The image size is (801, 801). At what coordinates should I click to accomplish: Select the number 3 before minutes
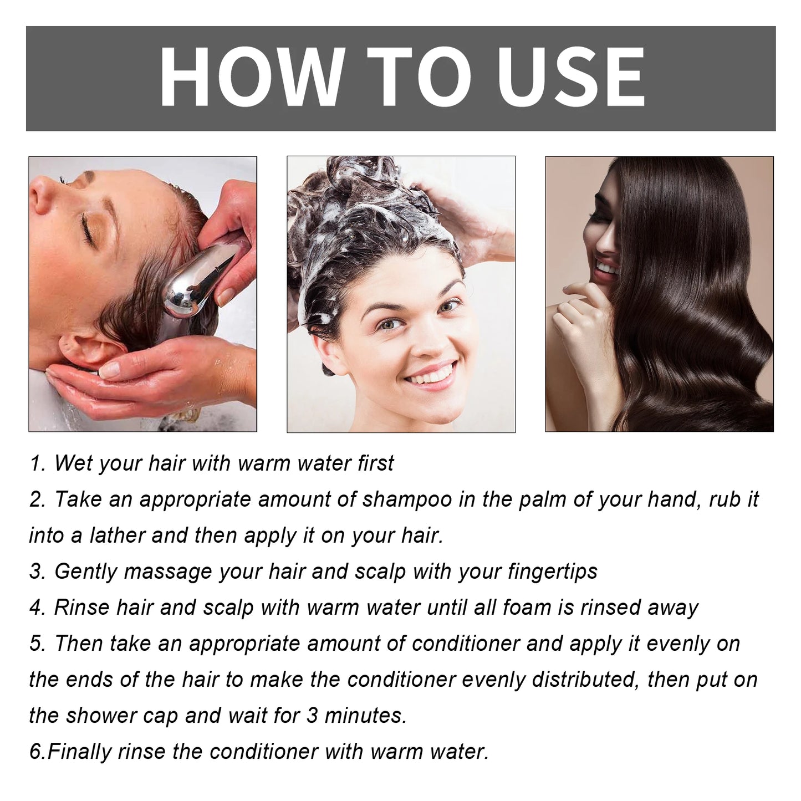click(x=312, y=716)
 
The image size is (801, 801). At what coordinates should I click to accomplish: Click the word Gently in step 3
click(x=86, y=572)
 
